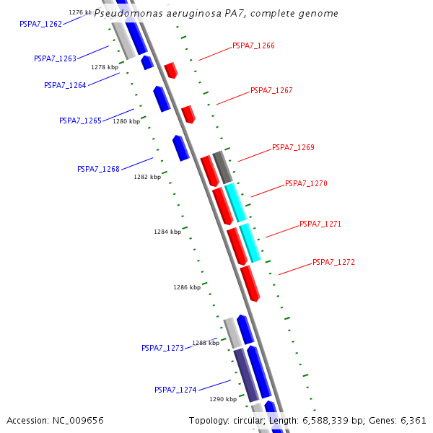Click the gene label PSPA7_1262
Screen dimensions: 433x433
[40, 24]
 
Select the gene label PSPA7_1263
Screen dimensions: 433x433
[55, 58]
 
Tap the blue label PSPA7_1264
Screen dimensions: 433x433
[65, 85]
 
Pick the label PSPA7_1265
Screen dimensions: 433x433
[80, 121]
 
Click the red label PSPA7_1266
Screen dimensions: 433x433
[253, 45]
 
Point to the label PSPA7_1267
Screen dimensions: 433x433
[271, 91]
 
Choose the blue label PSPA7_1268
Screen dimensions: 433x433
[98, 169]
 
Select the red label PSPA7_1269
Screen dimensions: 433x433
[293, 147]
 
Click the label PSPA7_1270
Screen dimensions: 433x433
[306, 183]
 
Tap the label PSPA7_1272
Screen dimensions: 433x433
[333, 262]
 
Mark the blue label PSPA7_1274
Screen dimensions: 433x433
[175, 390]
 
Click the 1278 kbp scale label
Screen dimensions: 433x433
[105, 67]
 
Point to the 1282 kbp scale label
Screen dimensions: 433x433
[147, 177]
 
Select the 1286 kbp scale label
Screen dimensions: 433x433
[187, 287]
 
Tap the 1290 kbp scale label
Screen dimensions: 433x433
[223, 398]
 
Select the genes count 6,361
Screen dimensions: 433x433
[413, 420]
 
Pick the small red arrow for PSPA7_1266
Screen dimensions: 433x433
[171, 70]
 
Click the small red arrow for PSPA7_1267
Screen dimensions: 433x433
[188, 114]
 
